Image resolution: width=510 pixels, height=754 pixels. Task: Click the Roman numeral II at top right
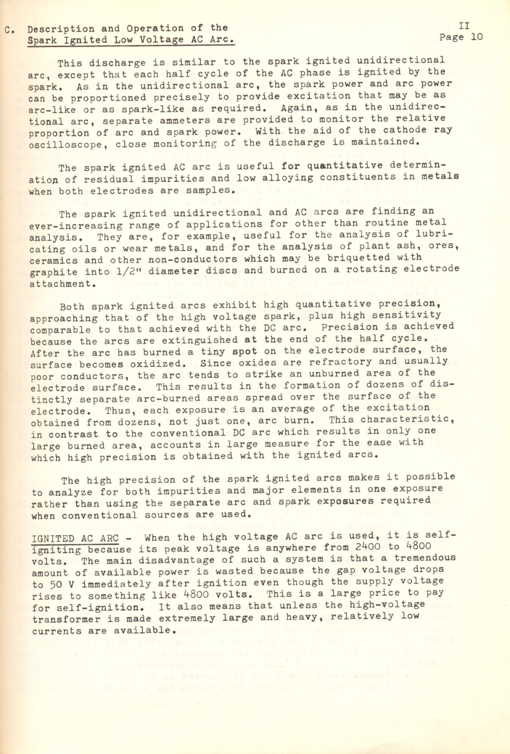pyautogui.click(x=465, y=24)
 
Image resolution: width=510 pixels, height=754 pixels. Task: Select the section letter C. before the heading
pyautogui.click(x=9, y=30)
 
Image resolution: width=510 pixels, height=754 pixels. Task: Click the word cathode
pyautogui.click(x=382, y=121)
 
